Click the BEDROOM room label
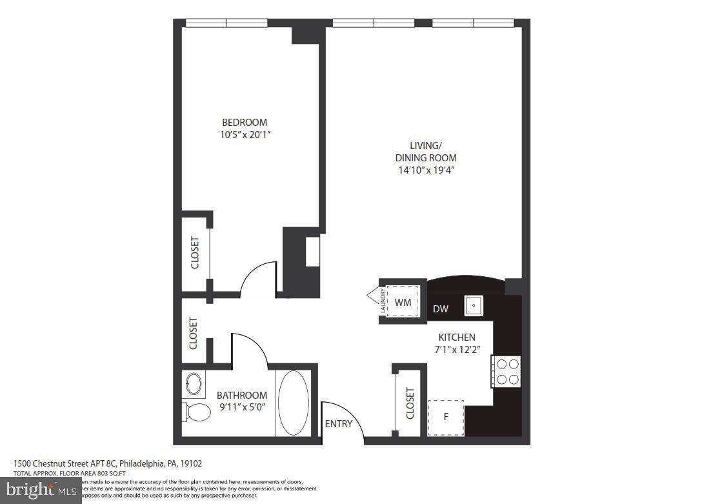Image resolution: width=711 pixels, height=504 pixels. click(x=244, y=123)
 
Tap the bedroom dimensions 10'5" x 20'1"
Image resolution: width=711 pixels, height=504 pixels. click(x=244, y=135)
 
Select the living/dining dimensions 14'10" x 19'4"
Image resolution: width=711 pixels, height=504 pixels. click(x=425, y=170)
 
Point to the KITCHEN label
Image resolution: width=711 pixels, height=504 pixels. click(x=457, y=338)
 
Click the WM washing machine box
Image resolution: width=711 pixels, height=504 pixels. click(x=403, y=302)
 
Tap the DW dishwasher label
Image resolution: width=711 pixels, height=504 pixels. click(x=441, y=309)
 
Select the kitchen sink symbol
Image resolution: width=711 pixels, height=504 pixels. click(x=474, y=305)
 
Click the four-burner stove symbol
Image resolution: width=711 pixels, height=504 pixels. click(x=506, y=372)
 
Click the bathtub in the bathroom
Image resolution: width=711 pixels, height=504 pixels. click(x=294, y=403)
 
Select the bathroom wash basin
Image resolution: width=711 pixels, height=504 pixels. click(x=193, y=385)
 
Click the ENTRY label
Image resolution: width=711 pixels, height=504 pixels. click(x=339, y=424)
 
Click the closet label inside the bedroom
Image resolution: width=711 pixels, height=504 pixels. click(x=195, y=253)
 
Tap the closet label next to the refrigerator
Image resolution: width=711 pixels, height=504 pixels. click(x=410, y=403)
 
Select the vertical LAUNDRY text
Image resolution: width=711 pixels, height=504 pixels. click(x=383, y=301)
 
